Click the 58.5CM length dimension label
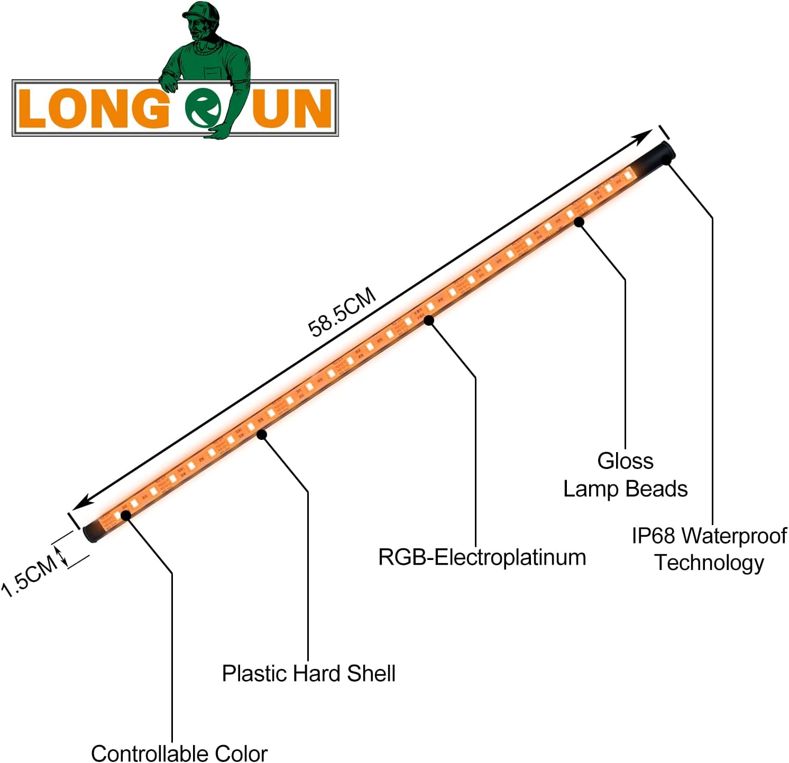click(x=342, y=312)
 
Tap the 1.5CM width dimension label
click(x=30, y=575)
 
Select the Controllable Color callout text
click(x=179, y=753)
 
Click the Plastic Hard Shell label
click(x=308, y=673)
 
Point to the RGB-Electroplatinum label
click(x=482, y=557)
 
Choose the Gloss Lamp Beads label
click(x=625, y=475)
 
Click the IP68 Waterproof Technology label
click(x=709, y=549)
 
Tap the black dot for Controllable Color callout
click(x=126, y=515)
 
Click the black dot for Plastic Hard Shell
click(x=262, y=435)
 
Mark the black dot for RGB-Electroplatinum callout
click(x=429, y=320)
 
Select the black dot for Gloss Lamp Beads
click(x=579, y=222)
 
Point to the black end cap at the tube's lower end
click(x=93, y=531)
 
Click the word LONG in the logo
click(x=93, y=108)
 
